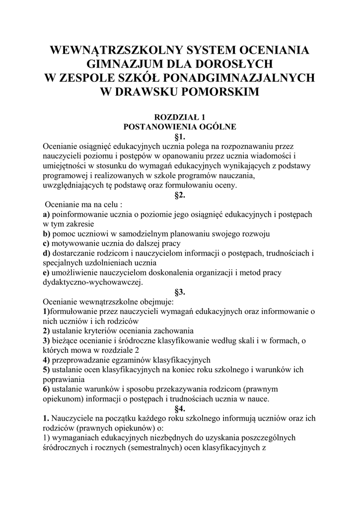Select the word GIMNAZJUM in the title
[127, 64]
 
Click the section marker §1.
[180, 136]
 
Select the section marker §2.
[180, 195]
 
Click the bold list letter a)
[47, 214]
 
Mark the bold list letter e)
[47, 272]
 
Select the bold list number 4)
[47, 360]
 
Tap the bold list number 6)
[47, 389]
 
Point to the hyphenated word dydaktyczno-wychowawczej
[93, 282]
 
